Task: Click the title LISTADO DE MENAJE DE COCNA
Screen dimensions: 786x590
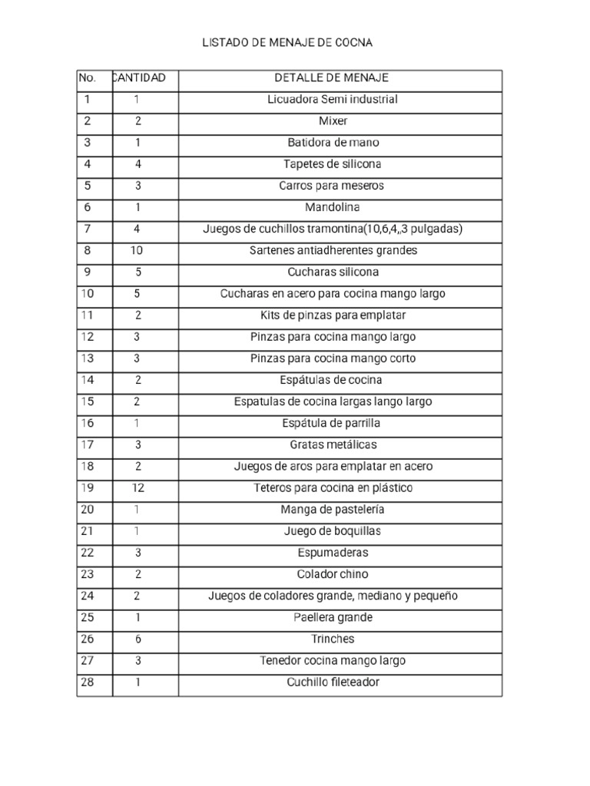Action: pos(287,43)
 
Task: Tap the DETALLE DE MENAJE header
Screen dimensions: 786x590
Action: pos(332,78)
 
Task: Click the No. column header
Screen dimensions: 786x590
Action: pos(87,78)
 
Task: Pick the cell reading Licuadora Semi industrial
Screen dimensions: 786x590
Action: pos(332,100)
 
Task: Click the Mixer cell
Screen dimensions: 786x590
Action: pos(333,121)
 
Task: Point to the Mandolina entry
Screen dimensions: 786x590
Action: pos(333,207)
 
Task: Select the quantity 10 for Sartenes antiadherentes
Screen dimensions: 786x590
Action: pos(138,250)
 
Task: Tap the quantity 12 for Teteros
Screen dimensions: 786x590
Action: pos(138,488)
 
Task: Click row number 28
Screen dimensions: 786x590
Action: pos(87,682)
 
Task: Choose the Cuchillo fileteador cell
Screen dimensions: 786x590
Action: pos(333,682)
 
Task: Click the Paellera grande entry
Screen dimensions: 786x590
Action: pos(333,618)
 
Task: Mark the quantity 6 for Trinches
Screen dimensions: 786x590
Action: pos(138,639)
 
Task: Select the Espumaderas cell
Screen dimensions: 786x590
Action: pos(333,553)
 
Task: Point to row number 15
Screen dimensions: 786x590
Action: pos(87,401)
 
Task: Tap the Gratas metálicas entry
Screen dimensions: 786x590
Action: pos(333,445)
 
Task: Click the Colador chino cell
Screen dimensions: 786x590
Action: pos(333,574)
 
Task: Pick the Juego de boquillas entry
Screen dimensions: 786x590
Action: pos(333,531)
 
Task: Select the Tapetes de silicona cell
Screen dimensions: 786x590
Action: pos(333,164)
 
